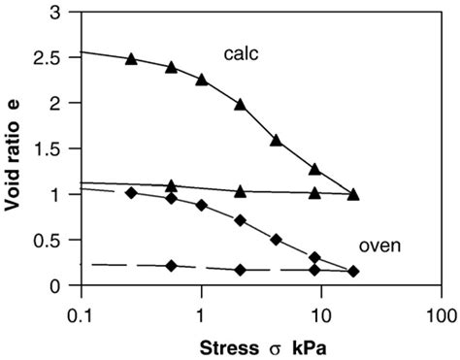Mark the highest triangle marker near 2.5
coord(131,58)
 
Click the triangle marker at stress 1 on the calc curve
coord(202,79)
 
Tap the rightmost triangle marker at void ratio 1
coord(353,194)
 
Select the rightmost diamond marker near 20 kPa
coord(353,272)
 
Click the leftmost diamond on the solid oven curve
coord(131,192)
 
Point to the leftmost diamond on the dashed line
coord(171,265)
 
